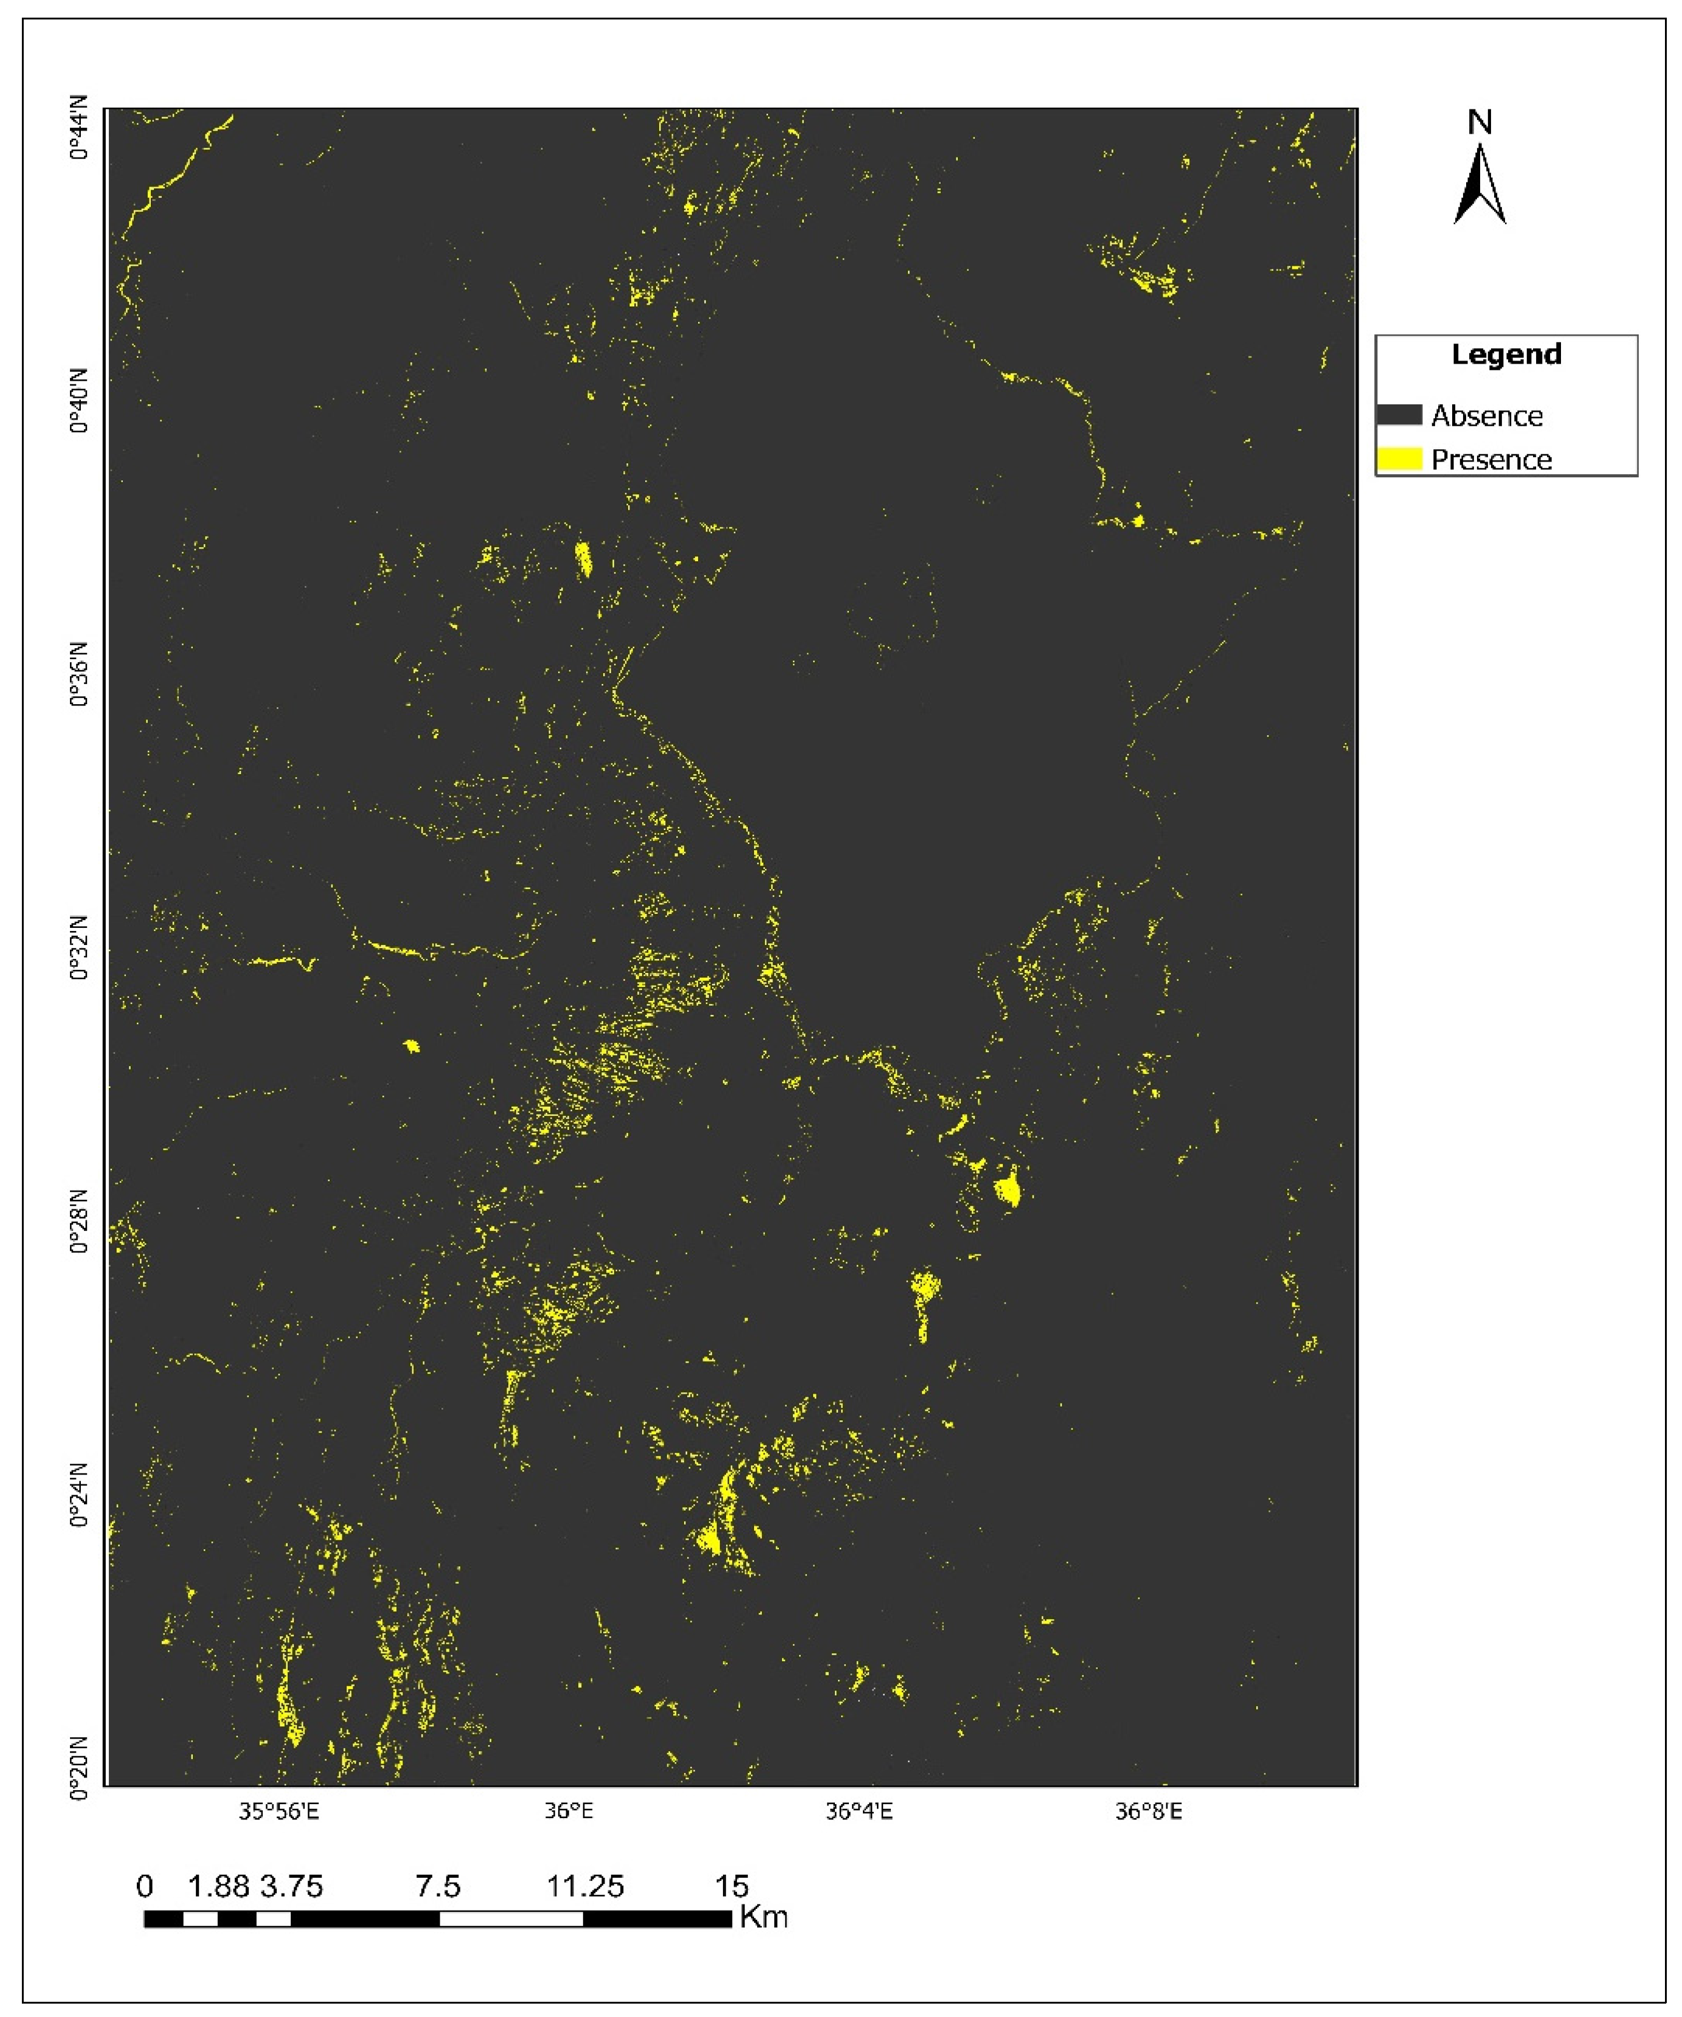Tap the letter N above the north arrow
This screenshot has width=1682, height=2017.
1480,123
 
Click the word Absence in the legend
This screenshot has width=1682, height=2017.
1486,416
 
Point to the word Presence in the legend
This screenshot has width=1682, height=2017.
1491,460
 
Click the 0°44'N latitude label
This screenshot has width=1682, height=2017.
79,128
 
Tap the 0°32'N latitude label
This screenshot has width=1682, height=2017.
79,949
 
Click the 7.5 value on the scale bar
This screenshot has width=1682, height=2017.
438,1886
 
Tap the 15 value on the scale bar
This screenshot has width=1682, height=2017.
731,1886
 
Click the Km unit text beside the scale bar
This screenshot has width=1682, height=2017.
764,1918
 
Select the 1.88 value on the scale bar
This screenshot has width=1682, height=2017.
218,1886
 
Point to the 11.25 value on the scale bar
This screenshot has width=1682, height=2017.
585,1886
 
